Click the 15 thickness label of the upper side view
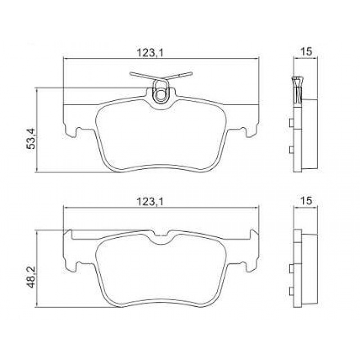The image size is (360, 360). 306,51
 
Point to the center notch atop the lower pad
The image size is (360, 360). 161,235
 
